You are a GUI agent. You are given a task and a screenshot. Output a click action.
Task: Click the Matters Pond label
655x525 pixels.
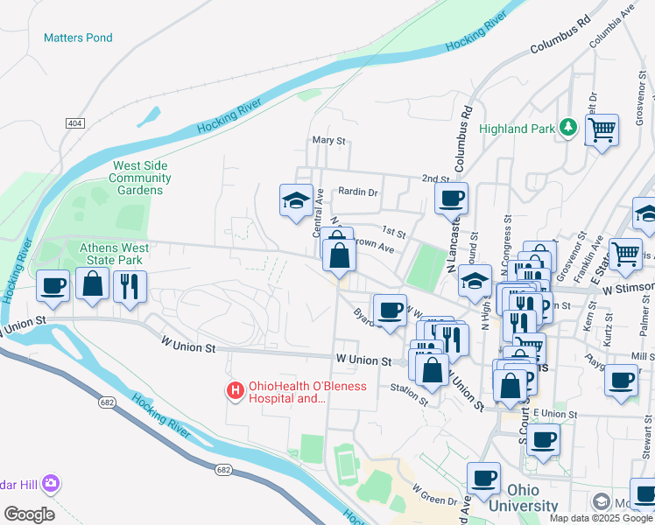click(78, 38)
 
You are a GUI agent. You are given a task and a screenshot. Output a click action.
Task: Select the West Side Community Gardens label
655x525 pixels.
click(140, 178)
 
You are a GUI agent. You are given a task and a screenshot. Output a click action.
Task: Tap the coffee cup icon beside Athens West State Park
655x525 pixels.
click(53, 285)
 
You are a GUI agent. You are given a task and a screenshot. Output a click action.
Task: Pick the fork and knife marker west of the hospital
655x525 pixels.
click(130, 285)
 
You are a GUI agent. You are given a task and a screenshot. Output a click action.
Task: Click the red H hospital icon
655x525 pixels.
click(235, 390)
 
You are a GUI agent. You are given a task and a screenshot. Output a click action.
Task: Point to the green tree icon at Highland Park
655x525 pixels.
click(568, 129)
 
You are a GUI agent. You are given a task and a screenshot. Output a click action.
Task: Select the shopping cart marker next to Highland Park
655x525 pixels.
click(602, 130)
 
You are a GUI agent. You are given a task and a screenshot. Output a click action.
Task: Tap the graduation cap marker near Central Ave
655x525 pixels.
click(296, 200)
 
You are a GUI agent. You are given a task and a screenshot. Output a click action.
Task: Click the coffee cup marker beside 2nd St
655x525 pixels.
click(451, 199)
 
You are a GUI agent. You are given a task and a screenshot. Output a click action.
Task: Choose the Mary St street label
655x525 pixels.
click(330, 140)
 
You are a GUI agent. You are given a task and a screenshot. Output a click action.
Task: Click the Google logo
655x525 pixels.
click(29, 514)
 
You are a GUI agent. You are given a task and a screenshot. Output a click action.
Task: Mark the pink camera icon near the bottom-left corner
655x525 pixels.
click(51, 483)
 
